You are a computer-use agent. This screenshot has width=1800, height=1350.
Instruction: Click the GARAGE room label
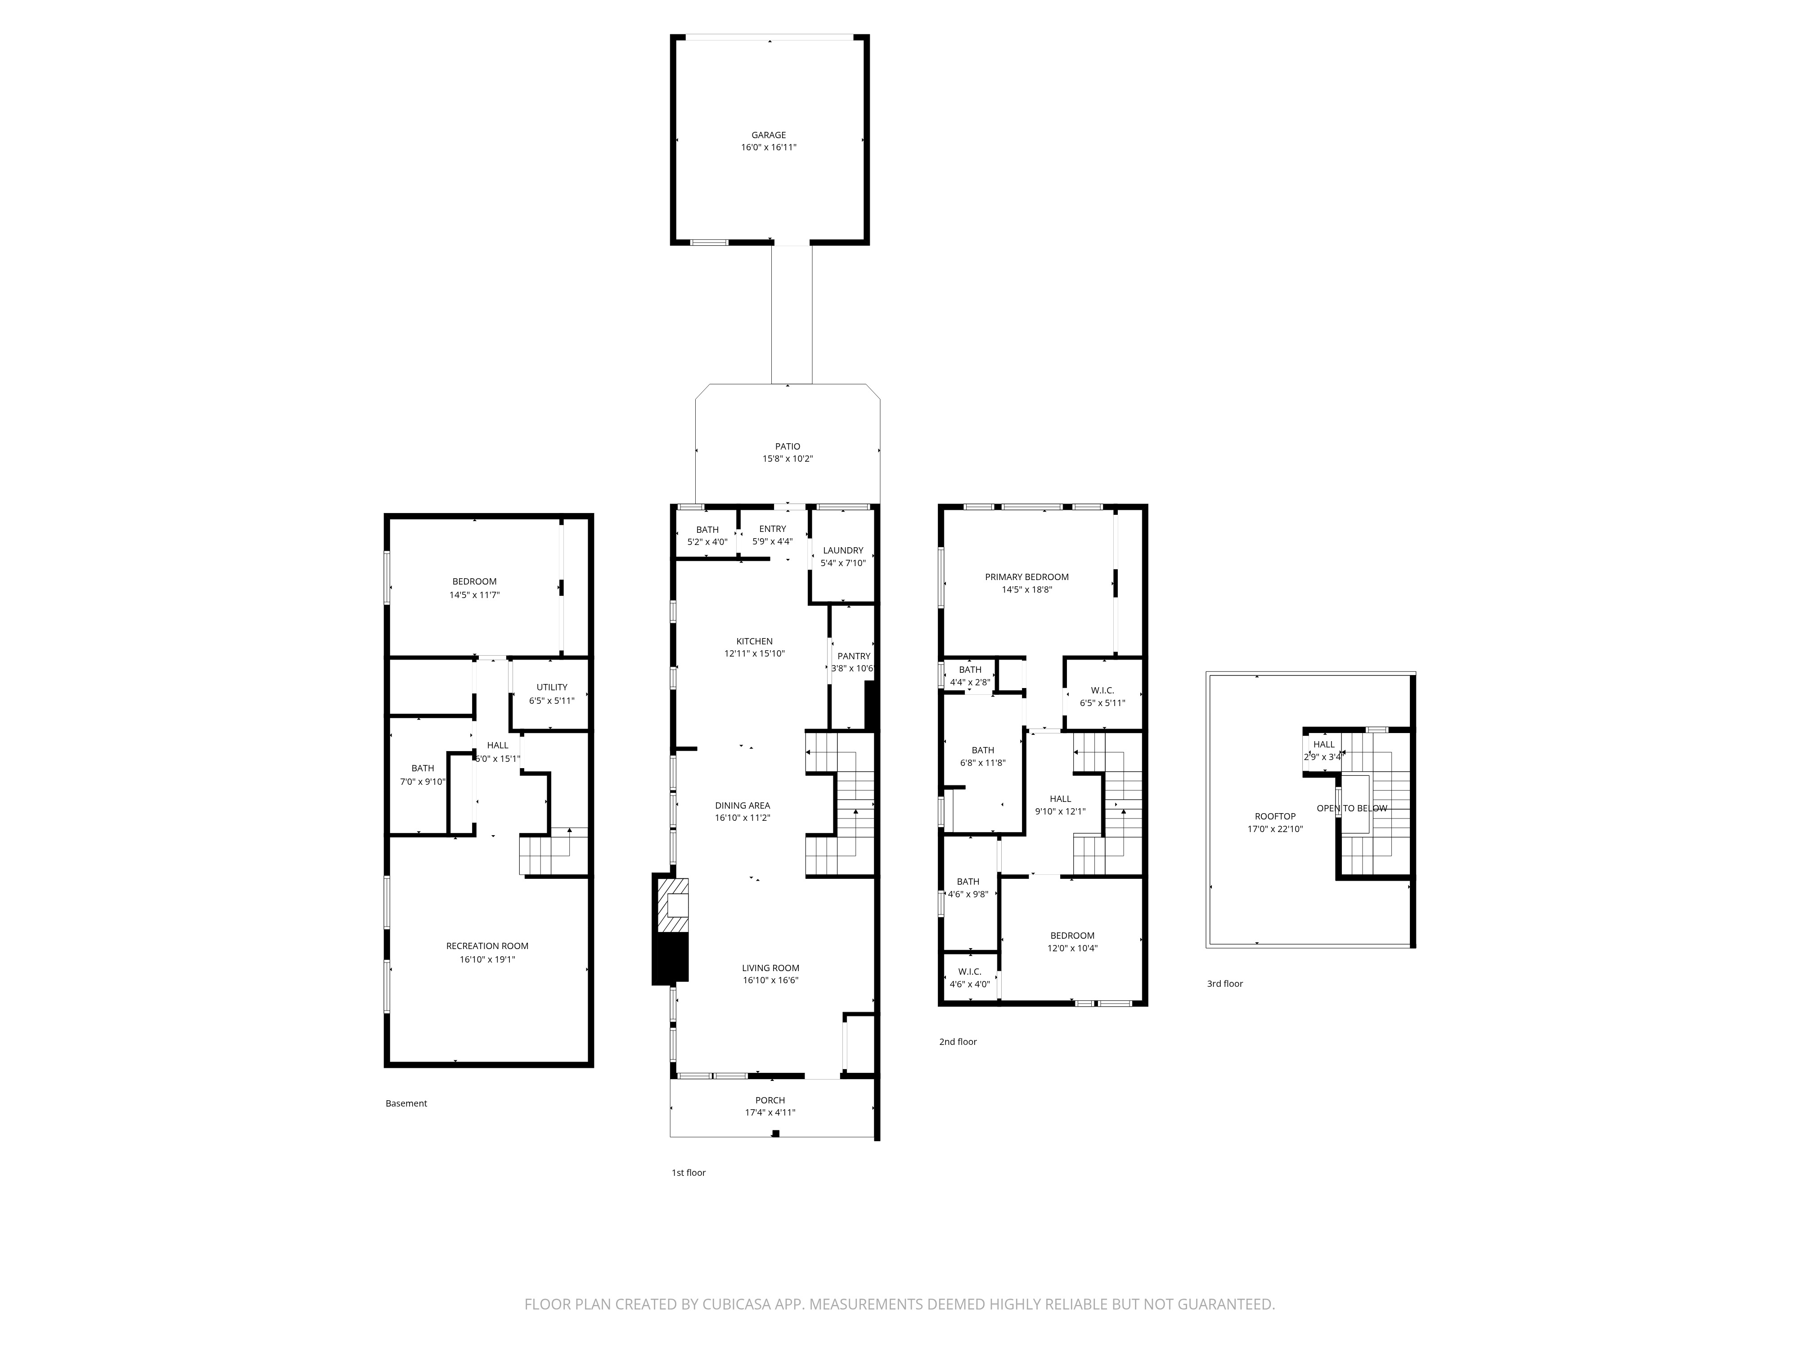click(768, 135)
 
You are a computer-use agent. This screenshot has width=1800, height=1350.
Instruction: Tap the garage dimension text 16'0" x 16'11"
click(768, 147)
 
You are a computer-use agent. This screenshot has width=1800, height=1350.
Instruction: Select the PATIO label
click(787, 446)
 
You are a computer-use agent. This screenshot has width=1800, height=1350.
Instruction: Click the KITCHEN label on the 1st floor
click(754, 641)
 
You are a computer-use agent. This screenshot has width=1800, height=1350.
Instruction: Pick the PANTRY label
click(854, 656)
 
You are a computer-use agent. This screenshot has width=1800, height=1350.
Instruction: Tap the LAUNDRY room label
click(843, 550)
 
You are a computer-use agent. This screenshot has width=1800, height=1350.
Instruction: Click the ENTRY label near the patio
click(772, 529)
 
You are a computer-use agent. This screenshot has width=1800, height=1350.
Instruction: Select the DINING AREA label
click(742, 805)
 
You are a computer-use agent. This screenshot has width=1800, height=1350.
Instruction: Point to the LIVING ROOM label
click(770, 967)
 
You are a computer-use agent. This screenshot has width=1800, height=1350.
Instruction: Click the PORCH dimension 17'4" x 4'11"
click(770, 1112)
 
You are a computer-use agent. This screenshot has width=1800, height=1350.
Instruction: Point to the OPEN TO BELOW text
click(1352, 808)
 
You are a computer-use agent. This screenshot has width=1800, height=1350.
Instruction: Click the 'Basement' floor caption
click(406, 1103)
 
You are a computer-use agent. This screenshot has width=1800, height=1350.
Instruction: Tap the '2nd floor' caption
click(958, 1042)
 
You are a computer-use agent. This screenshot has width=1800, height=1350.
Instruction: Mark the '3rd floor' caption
click(1225, 984)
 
